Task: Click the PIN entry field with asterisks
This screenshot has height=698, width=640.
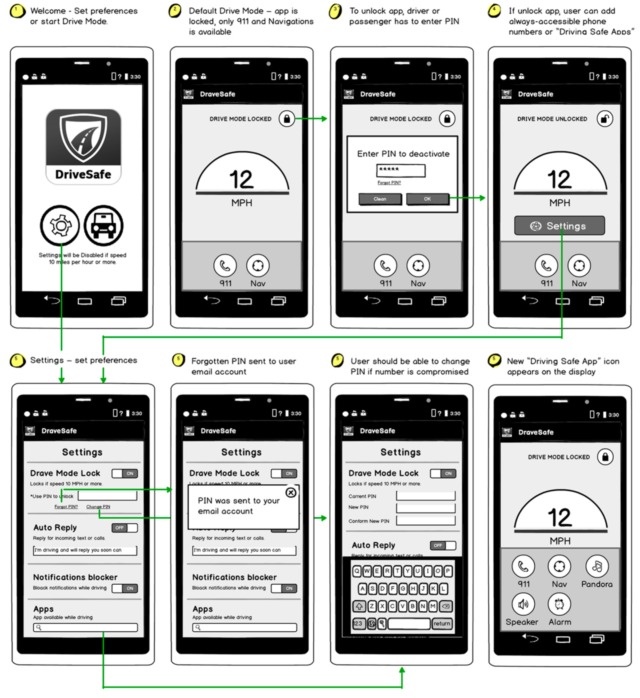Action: pyautogui.click(x=401, y=170)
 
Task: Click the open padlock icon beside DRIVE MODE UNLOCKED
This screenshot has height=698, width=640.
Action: pyautogui.click(x=605, y=119)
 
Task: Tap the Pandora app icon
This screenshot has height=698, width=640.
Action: pyautogui.click(x=597, y=567)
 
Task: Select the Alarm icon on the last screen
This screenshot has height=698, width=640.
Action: pyautogui.click(x=559, y=604)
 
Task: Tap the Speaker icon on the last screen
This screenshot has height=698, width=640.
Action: pyautogui.click(x=523, y=604)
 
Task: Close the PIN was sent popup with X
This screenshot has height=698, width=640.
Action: pyautogui.click(x=291, y=492)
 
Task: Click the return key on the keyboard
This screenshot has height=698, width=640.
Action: pyautogui.click(x=442, y=624)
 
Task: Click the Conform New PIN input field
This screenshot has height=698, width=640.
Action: pyautogui.click(x=426, y=521)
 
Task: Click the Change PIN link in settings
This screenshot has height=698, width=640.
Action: pyautogui.click(x=98, y=507)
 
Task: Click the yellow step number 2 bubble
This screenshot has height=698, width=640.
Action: pyautogui.click(x=175, y=10)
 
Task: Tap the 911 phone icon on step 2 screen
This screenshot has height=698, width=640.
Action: pyautogui.click(x=225, y=266)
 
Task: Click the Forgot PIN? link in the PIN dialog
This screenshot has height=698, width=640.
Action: pyautogui.click(x=389, y=182)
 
